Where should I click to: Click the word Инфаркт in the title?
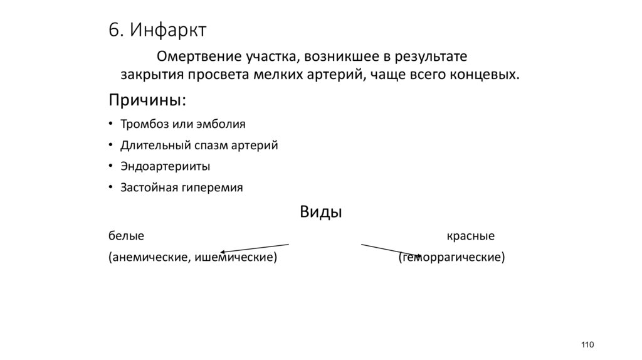pos(169,30)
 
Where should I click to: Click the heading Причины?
pos(147,100)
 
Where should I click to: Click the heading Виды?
pos(320,211)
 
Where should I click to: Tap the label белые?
pos(126,236)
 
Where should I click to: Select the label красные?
pos(471,236)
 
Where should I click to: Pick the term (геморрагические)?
pos(451,257)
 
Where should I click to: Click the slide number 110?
pos(587,345)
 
